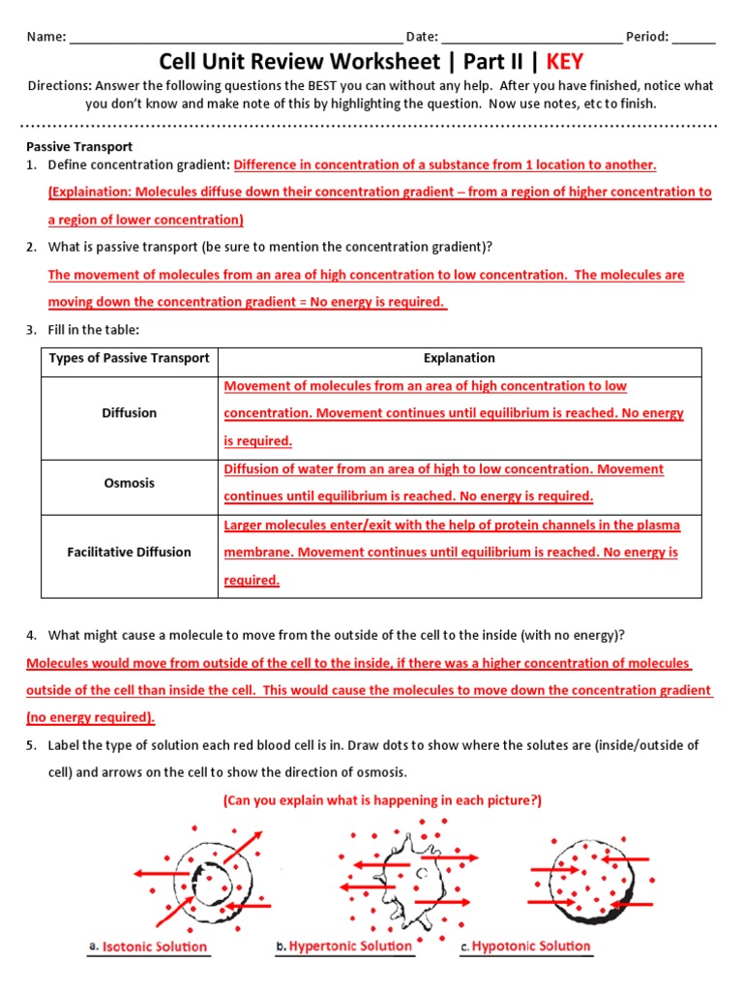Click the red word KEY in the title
coord(564,62)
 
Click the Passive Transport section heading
coord(79,147)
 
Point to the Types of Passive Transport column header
coord(129,358)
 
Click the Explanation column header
coord(460,358)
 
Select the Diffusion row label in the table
coord(129,413)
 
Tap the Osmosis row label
coord(129,483)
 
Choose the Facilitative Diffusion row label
coord(129,553)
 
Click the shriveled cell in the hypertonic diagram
coord(411,874)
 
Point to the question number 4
coord(31,636)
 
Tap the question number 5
coord(31,745)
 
